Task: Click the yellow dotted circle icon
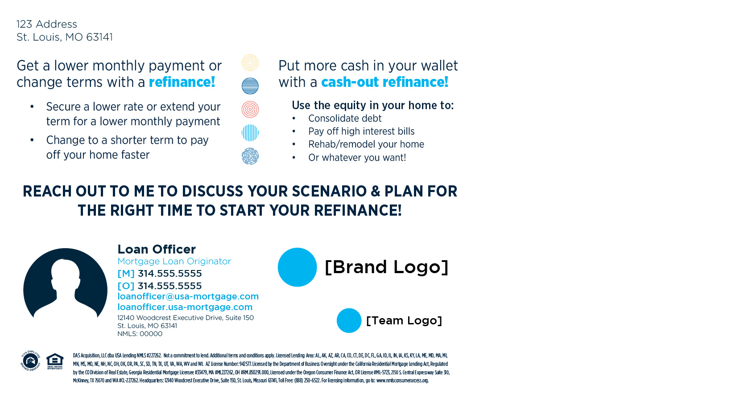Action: click(250, 63)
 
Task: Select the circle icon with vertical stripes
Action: click(250, 133)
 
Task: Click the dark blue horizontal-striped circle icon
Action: click(250, 86)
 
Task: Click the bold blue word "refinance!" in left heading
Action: click(182, 82)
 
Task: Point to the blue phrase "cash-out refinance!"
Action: click(385, 82)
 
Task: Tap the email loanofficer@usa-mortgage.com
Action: click(188, 296)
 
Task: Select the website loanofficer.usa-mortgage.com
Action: click(185, 307)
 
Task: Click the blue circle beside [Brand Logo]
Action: click(298, 267)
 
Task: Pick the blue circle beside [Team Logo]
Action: click(349, 321)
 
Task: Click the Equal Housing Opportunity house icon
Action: click(55, 361)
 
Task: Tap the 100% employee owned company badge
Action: click(31, 360)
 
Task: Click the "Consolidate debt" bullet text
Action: click(345, 118)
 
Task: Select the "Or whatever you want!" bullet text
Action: click(357, 158)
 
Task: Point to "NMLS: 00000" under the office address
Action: click(140, 334)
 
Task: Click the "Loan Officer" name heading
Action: click(157, 250)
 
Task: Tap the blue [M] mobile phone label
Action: click(126, 274)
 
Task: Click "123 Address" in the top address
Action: click(47, 24)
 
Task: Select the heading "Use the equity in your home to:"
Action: click(372, 105)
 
